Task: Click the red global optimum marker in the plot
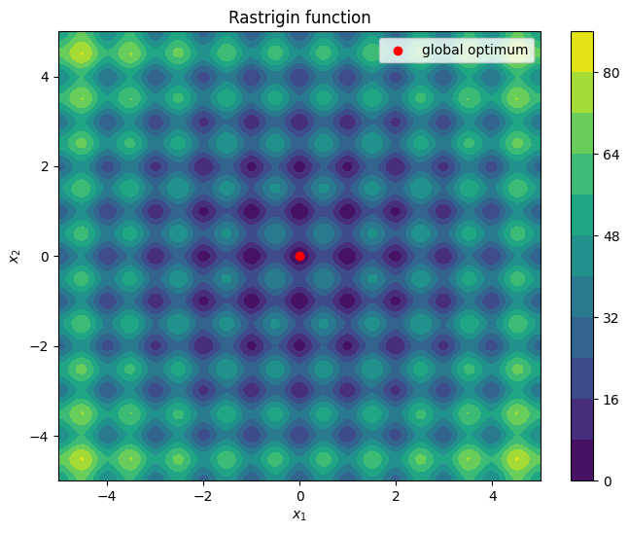[299, 256]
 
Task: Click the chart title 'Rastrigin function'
[299, 18]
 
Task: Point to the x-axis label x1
[299, 515]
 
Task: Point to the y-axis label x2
[14, 256]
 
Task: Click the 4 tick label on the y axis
[43, 77]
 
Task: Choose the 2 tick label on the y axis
[43, 166]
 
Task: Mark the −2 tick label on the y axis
[39, 346]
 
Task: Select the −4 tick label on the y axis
[39, 436]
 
